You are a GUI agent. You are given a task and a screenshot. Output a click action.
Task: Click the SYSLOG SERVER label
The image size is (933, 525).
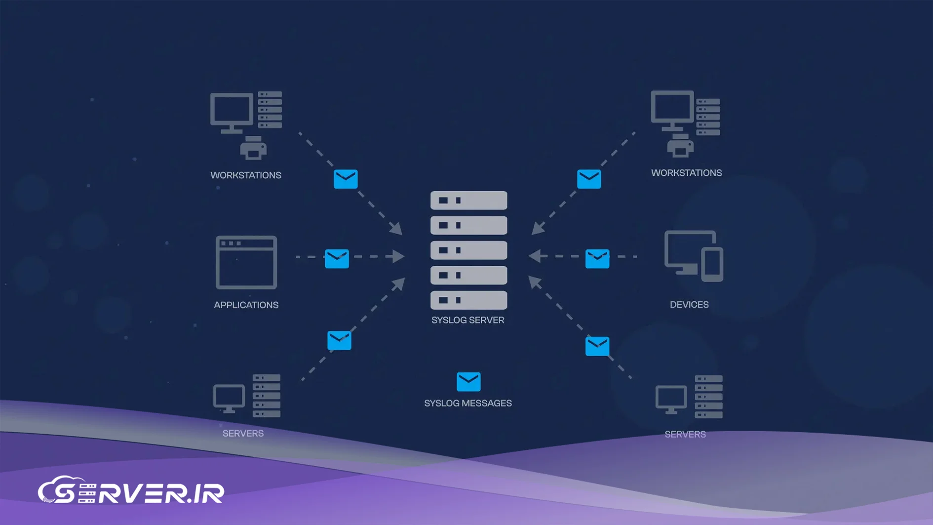point(467,320)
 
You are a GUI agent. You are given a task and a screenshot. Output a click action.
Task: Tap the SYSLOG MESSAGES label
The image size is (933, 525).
point(467,403)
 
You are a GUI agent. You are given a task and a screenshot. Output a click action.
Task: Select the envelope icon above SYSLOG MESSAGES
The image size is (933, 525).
point(468,381)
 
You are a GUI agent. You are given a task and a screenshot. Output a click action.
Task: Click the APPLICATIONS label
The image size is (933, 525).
point(246,305)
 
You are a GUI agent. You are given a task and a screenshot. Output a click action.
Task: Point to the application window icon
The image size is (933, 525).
point(246,262)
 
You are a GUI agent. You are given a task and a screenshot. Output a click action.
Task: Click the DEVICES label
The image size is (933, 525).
point(689,304)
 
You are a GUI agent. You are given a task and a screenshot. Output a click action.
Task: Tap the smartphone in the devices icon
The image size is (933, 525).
point(712,264)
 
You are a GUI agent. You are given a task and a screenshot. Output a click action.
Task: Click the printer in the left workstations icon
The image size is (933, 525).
point(253,148)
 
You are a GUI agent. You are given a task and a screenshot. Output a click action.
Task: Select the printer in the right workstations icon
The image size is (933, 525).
point(680,146)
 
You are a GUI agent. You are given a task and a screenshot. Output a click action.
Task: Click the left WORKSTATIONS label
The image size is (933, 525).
point(245,175)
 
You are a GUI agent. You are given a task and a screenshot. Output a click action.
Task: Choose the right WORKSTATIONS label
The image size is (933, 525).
point(686,173)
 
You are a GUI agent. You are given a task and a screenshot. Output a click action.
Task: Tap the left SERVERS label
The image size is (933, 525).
point(243,433)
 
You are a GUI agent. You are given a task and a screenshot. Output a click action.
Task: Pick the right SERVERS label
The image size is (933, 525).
point(685,434)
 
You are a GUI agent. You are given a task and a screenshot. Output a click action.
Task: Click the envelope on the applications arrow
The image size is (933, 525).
point(337,258)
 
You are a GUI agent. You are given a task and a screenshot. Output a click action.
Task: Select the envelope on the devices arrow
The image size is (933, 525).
point(597,258)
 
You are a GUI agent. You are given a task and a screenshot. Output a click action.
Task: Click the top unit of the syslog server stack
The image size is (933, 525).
point(468,201)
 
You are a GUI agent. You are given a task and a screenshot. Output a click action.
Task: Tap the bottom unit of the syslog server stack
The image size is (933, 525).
point(468,300)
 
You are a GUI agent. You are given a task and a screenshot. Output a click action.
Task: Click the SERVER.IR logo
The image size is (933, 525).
point(131,491)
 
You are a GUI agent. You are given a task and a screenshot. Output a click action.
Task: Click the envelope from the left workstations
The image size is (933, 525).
point(346,179)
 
